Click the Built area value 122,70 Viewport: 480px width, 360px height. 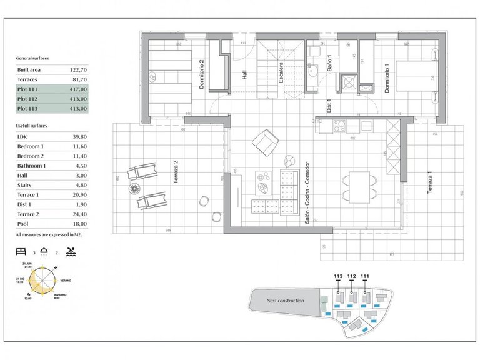77,70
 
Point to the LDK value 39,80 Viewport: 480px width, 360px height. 77,136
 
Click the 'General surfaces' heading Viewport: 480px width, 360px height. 32,58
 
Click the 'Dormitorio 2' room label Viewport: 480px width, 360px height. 202,75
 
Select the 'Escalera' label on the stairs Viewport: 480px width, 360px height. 282,74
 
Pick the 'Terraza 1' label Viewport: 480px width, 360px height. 429,183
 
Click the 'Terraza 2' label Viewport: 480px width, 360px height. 176,174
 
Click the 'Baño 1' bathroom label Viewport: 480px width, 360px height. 329,65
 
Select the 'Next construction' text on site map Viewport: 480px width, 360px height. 286,301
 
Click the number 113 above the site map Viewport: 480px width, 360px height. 338,276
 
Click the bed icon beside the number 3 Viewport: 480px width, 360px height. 21,253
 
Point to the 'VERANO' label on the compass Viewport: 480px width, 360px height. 64,281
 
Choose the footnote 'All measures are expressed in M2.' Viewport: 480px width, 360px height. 49,235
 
